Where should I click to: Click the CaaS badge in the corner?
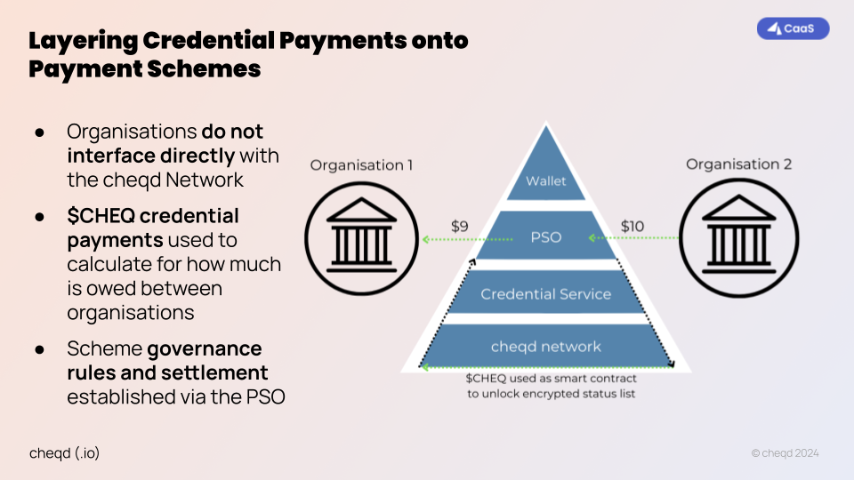click(x=793, y=28)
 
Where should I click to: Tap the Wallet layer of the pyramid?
click(x=545, y=181)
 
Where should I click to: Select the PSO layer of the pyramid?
click(x=545, y=238)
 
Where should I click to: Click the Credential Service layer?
click(x=545, y=293)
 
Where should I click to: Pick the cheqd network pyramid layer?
click(x=545, y=347)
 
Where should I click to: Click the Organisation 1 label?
click(x=361, y=165)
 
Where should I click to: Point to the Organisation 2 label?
click(x=738, y=164)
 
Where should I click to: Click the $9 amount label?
click(x=459, y=227)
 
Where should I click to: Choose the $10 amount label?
click(x=632, y=227)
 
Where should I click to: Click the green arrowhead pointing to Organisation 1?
click(x=426, y=239)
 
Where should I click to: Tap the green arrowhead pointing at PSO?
click(x=592, y=238)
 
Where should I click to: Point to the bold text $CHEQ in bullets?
click(x=103, y=216)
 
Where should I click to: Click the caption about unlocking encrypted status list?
click(x=551, y=386)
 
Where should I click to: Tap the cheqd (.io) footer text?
click(x=64, y=452)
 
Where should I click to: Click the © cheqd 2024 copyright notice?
click(x=784, y=453)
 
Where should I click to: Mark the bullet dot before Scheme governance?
click(x=40, y=349)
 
